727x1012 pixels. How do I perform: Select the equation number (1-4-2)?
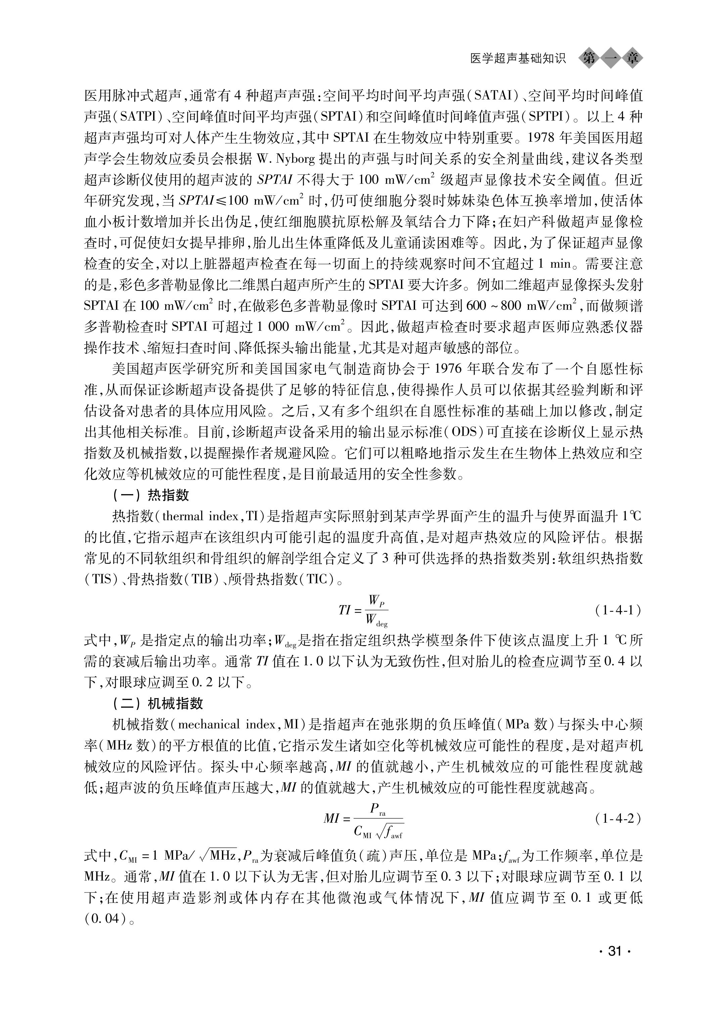(x=618, y=819)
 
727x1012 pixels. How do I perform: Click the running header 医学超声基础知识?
(x=518, y=59)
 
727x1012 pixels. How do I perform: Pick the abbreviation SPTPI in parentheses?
(x=549, y=117)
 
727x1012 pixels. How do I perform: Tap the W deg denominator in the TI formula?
(x=376, y=620)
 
